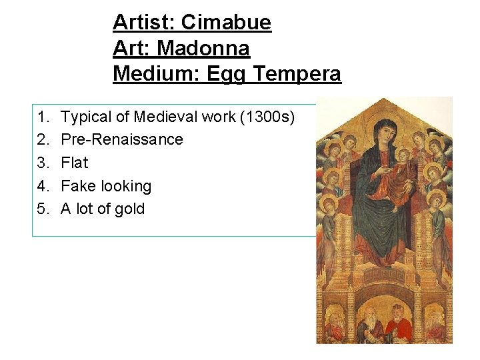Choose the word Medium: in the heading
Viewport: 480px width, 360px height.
157,73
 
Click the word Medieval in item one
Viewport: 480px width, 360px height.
165,117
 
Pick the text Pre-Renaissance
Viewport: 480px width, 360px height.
121,139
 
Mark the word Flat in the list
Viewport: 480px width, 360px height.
74,163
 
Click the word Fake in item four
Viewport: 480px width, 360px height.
78,186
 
